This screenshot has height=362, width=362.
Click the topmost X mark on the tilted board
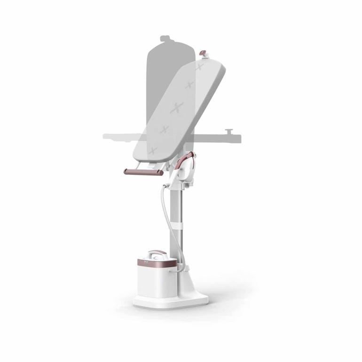point(199,68)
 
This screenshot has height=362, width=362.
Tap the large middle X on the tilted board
point(177,107)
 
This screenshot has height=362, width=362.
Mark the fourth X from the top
point(164,129)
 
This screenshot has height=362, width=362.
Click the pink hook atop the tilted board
point(203,53)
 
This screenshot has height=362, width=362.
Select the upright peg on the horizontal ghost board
point(228,132)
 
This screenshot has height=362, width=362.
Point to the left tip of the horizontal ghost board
point(105,136)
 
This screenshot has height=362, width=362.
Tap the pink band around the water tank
point(155,263)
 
